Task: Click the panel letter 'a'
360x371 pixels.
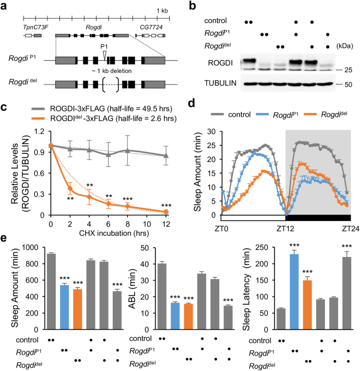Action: click(5, 6)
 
